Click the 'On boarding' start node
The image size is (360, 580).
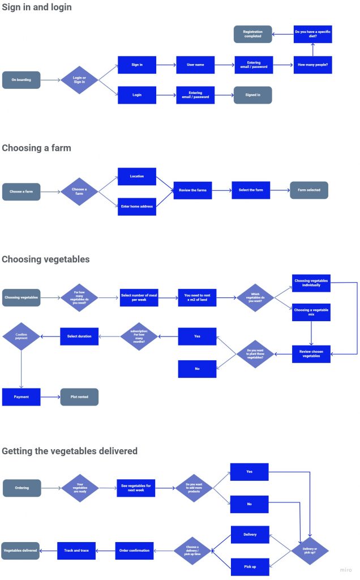click(22, 80)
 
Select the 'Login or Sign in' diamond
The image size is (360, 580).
click(79, 80)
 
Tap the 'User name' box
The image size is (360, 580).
click(195, 65)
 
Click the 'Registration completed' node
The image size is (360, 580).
click(252, 34)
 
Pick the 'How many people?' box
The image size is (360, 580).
click(312, 65)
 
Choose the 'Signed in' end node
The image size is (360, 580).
click(252, 95)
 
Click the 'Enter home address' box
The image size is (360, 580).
click(136, 206)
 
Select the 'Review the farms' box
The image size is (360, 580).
click(193, 190)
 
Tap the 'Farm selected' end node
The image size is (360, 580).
click(308, 190)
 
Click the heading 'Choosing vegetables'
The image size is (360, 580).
click(46, 259)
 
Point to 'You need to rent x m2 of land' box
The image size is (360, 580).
click(197, 297)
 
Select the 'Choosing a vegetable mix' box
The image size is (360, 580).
click(311, 313)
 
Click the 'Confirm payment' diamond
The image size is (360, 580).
click(22, 336)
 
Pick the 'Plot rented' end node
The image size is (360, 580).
click(79, 397)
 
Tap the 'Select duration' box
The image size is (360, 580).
click(79, 336)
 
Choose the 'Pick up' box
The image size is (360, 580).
click(250, 566)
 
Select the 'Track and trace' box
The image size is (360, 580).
click(76, 551)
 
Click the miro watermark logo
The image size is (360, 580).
click(345, 570)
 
